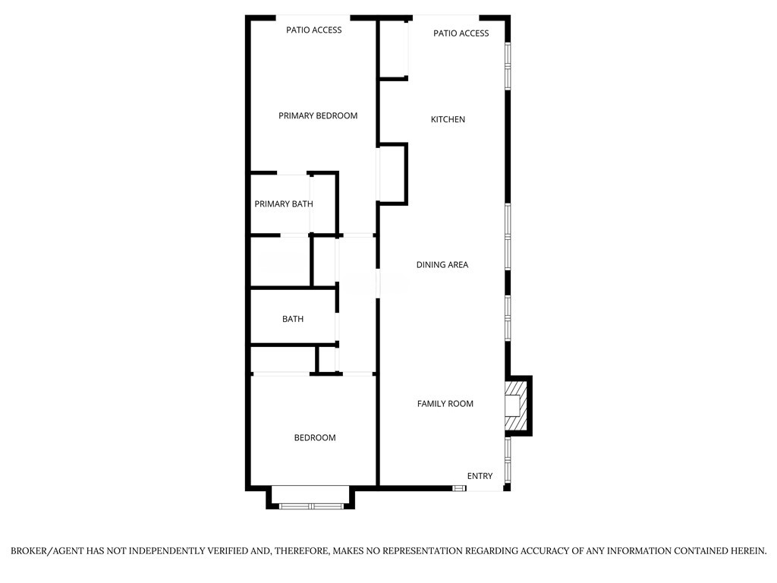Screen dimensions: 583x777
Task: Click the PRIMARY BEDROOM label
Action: point(317,116)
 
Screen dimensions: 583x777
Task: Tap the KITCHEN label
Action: point(448,120)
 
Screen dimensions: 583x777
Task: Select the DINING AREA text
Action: point(442,265)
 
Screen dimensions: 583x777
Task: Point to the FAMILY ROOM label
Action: point(445,404)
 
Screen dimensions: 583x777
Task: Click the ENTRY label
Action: point(480,476)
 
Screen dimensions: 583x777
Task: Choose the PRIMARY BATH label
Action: point(283,204)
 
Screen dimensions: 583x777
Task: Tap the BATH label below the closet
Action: point(293,320)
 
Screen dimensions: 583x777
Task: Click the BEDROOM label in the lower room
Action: point(315,438)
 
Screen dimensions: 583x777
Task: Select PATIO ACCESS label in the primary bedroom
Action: point(313,30)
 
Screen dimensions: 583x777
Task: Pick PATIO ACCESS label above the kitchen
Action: point(461,33)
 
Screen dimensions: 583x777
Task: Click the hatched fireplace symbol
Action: point(515,405)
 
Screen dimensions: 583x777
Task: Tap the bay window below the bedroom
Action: point(310,504)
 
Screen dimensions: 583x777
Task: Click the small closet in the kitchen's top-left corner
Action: point(393,49)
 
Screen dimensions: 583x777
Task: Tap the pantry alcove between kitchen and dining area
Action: point(392,174)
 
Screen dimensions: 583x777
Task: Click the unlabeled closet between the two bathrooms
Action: point(280,262)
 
